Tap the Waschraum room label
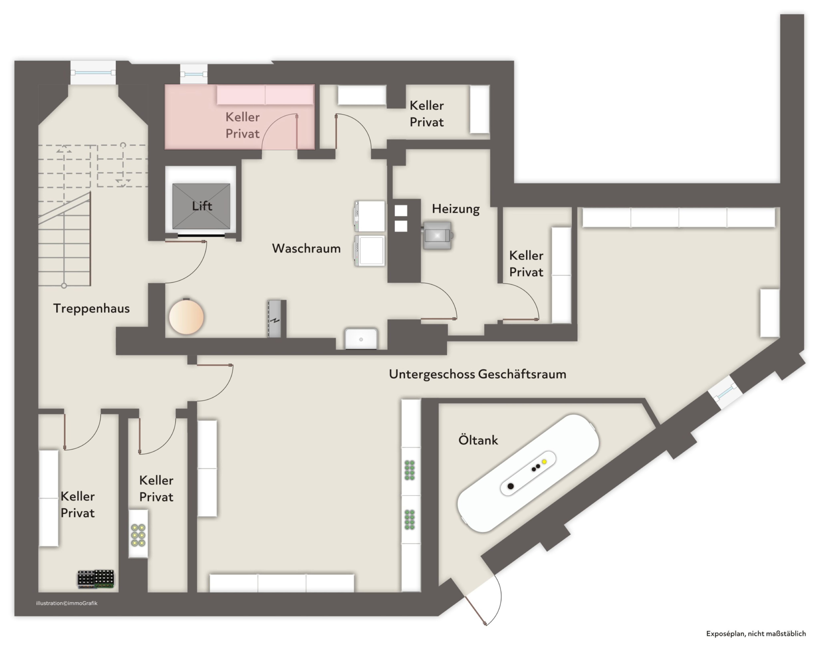(x=306, y=248)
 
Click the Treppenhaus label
(x=91, y=308)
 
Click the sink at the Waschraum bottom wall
(x=361, y=339)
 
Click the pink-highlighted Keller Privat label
(x=242, y=125)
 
